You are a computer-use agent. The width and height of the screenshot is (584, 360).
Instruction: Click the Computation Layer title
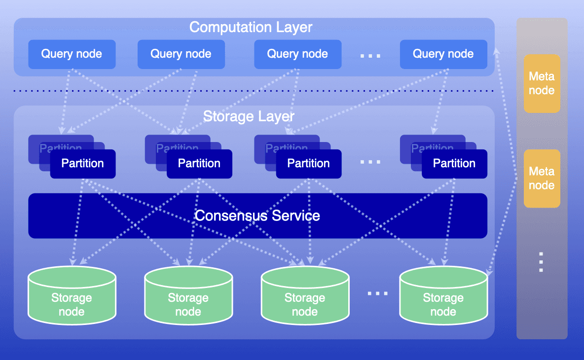[x=251, y=27]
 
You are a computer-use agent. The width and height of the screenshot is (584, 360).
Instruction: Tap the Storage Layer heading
[x=249, y=116]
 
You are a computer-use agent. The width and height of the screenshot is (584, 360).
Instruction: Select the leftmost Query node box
[x=72, y=54]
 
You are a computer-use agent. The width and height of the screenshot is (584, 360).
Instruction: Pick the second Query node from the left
[x=181, y=54]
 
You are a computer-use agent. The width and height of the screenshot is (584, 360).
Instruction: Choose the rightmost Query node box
[x=443, y=54]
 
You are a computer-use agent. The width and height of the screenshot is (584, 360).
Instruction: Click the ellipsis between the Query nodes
[x=370, y=56]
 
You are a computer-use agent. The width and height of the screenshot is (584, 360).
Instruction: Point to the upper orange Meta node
[x=542, y=83]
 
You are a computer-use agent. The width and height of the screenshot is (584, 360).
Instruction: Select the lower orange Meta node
[x=542, y=178]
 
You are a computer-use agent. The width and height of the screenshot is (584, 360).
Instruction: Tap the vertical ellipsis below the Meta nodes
[x=541, y=262]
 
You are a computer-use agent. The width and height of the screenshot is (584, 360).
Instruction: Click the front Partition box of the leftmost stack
[x=83, y=163]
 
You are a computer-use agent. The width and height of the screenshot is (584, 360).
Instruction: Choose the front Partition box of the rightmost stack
[x=454, y=163]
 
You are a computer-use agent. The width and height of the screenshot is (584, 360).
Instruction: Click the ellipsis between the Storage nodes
[x=378, y=293]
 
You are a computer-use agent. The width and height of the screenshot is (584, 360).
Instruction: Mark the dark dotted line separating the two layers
[x=254, y=91]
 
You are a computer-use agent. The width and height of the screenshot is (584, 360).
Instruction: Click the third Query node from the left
[x=297, y=54]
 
